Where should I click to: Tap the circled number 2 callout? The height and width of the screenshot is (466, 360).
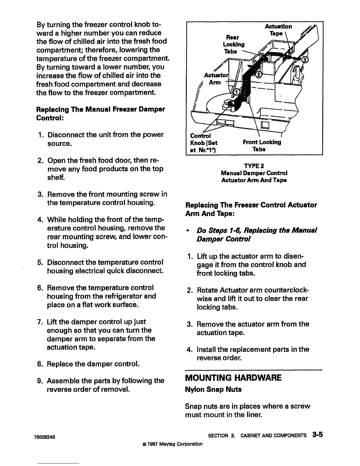coord(259,74)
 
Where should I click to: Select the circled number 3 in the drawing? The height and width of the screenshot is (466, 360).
coord(305,60)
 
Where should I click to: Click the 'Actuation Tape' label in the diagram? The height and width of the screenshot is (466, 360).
coord(278,30)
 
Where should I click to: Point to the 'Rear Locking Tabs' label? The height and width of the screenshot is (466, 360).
coord(234,44)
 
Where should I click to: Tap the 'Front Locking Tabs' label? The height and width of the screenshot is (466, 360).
coord(262,146)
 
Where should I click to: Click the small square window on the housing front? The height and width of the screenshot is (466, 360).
coord(267,125)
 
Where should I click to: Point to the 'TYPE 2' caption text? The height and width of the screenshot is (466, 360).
coord(254,166)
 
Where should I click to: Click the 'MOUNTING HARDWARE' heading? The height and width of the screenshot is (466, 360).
coord(233,377)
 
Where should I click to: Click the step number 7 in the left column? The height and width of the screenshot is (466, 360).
coord(41,322)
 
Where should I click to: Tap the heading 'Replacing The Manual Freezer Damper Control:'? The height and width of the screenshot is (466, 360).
coord(100,113)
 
